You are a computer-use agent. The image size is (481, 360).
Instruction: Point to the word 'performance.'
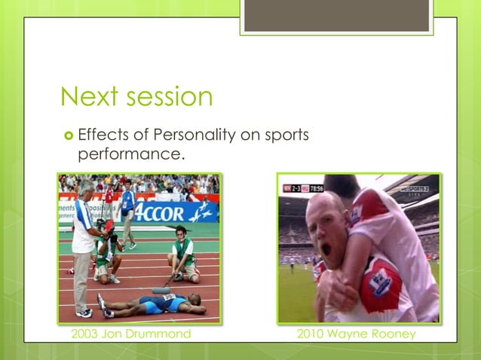[131, 156]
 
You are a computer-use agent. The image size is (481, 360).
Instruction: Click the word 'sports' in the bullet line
[286, 136]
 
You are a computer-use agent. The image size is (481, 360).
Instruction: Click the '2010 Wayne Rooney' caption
[356, 333]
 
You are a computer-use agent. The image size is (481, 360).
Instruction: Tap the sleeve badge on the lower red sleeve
[381, 280]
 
